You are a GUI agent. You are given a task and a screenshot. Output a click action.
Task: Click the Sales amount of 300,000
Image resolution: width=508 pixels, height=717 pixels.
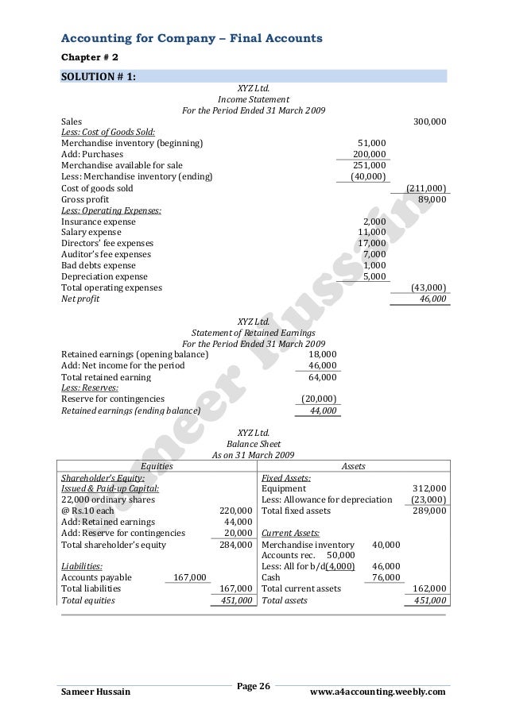coord(430,121)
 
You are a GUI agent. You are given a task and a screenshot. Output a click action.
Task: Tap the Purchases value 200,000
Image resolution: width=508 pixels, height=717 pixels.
coord(370,154)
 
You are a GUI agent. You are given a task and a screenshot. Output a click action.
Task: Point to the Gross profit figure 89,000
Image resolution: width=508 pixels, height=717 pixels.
coord(432,199)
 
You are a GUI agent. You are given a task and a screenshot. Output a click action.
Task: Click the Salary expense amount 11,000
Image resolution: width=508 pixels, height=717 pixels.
coord(372,232)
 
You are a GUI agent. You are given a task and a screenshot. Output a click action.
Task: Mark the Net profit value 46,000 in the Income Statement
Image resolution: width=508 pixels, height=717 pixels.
coord(432,299)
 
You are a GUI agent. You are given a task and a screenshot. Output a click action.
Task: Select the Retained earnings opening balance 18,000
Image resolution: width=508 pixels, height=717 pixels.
coord(321,353)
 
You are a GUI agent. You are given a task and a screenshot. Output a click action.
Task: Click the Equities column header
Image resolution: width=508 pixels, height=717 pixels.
coord(156,466)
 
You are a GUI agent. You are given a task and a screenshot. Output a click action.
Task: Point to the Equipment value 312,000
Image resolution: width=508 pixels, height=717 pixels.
coord(429,488)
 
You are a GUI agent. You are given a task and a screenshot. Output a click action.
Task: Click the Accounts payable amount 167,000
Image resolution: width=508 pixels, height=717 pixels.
coord(190,577)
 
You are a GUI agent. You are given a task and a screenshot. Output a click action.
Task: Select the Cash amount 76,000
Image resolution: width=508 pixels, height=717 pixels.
coord(386,577)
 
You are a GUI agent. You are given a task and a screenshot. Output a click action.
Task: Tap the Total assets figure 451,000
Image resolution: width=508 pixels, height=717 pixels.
coord(429,600)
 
